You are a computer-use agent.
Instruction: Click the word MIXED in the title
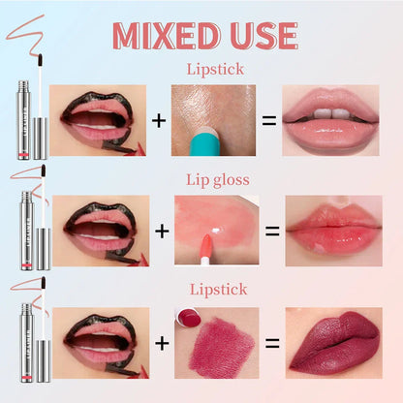click(x=166, y=36)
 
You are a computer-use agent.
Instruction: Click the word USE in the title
click(x=263, y=36)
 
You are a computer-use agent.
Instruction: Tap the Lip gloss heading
click(x=218, y=180)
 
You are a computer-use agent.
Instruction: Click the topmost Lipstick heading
click(x=215, y=70)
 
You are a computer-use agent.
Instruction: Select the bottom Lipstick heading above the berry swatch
click(x=218, y=289)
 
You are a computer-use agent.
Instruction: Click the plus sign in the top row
click(x=159, y=121)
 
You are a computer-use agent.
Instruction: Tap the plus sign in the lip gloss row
click(x=162, y=232)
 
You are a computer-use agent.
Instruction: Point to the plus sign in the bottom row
click(x=162, y=343)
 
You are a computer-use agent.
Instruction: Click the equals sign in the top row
click(x=269, y=121)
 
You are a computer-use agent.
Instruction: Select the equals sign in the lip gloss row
click(x=272, y=232)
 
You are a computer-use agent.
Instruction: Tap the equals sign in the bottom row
click(x=272, y=343)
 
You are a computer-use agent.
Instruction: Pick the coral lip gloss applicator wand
click(x=205, y=249)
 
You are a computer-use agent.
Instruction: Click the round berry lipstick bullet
click(x=188, y=317)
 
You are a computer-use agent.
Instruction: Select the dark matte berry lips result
click(x=334, y=343)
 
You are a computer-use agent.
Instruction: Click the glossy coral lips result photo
click(x=334, y=231)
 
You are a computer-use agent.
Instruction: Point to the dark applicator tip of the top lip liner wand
click(x=41, y=60)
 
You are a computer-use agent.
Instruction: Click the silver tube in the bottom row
click(x=27, y=343)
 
